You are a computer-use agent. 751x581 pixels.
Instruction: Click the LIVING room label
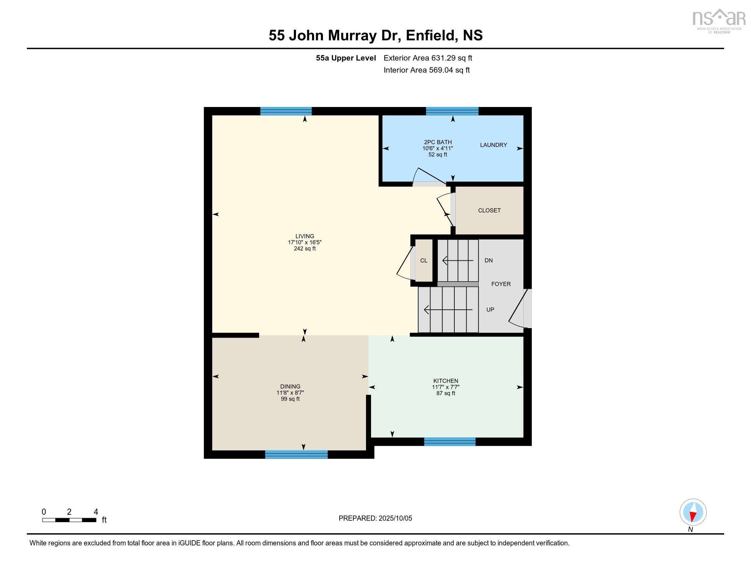pyautogui.click(x=304, y=236)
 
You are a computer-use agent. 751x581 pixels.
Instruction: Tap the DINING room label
pyautogui.click(x=290, y=387)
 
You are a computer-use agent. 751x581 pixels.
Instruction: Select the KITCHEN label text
pyautogui.click(x=445, y=381)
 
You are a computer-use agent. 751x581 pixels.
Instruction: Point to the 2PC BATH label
pyautogui.click(x=438, y=142)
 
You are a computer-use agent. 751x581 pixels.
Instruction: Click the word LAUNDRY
pyautogui.click(x=494, y=145)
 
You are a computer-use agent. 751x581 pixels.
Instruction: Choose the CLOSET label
pyautogui.click(x=489, y=210)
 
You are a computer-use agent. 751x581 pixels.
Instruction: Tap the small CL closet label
pyautogui.click(x=424, y=260)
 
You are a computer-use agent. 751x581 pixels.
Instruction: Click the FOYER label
pyautogui.click(x=501, y=284)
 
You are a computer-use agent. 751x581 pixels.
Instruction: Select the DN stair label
pyautogui.click(x=488, y=260)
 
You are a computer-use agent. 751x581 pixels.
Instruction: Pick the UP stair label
pyautogui.click(x=490, y=309)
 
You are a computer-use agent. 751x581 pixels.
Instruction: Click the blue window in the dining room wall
pyautogui.click(x=296, y=455)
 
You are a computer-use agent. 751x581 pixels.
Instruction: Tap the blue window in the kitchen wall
pyautogui.click(x=450, y=442)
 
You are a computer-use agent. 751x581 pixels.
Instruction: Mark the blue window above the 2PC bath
pyautogui.click(x=452, y=111)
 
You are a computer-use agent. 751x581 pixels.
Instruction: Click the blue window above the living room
pyautogui.click(x=286, y=111)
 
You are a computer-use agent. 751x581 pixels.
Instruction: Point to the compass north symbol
pyautogui.click(x=693, y=512)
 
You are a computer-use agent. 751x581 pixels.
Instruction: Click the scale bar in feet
pyautogui.click(x=69, y=520)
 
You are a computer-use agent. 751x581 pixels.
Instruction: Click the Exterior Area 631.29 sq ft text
pyautogui.click(x=428, y=58)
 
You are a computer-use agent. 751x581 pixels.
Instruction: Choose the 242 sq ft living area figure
pyautogui.click(x=304, y=248)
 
